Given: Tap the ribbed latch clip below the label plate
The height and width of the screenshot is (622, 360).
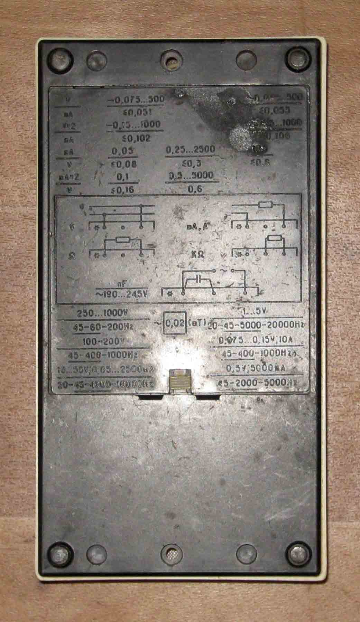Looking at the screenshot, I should click(179, 382).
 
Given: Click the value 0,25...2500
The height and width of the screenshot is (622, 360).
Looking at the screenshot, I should click(191, 149).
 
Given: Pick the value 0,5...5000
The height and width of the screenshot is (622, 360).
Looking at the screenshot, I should click(193, 175).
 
